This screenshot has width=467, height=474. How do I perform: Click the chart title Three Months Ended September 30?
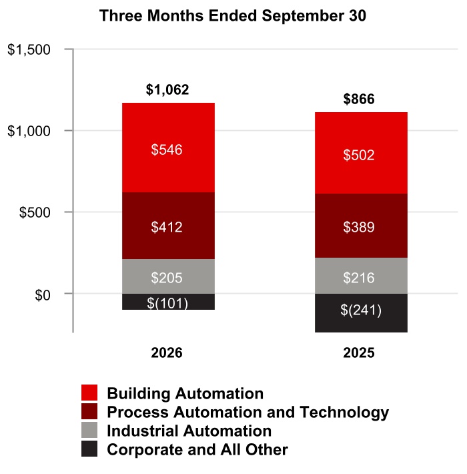(233, 16)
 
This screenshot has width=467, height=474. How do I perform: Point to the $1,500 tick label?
(29, 49)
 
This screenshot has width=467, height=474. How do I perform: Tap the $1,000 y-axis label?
(29, 132)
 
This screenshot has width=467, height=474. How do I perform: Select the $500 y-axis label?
(35, 212)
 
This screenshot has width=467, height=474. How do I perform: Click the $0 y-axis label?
(43, 295)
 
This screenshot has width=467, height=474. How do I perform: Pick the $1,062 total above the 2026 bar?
(167, 89)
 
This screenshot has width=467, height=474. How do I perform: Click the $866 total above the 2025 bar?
(359, 99)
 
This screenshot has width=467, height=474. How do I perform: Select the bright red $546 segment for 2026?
(168, 148)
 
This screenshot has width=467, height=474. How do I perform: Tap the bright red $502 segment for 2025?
(361, 153)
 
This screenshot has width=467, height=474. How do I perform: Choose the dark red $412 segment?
(168, 226)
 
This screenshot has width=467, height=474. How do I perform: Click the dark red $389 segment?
(361, 226)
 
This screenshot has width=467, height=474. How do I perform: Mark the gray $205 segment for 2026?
(168, 276)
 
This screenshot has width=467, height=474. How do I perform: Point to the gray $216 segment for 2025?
(361, 276)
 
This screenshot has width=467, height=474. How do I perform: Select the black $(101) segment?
(168, 301)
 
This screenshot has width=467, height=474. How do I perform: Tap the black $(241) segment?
(361, 313)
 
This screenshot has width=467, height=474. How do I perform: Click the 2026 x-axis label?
(167, 352)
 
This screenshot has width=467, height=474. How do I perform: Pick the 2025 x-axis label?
(359, 352)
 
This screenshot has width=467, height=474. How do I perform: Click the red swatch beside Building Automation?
(89, 393)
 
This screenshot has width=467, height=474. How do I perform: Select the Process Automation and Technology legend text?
(248, 413)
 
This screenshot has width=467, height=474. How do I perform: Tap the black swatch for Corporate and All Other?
(89, 449)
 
